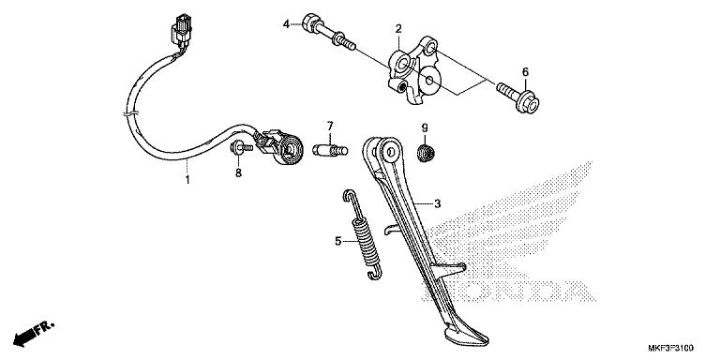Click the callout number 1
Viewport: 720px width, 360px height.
(187, 179)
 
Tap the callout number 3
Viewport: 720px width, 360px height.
(437, 202)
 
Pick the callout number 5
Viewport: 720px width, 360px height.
(338, 241)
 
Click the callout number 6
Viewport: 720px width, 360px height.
(525, 72)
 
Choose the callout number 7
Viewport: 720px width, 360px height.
(330, 126)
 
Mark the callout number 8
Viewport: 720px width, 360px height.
(237, 172)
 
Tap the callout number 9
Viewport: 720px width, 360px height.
(424, 127)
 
